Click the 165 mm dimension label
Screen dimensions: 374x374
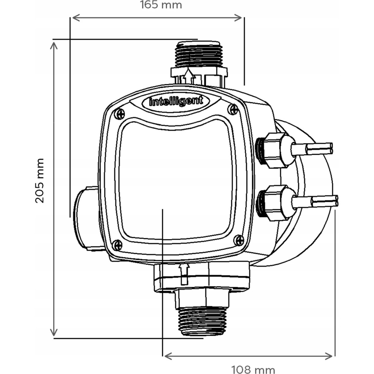(x=161, y=5)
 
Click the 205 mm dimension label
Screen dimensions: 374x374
(x=40, y=181)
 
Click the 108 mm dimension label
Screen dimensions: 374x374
(x=253, y=369)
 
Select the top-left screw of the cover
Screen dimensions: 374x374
(x=119, y=114)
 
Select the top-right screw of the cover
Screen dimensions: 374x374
(x=234, y=109)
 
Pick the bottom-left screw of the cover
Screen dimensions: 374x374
(x=117, y=245)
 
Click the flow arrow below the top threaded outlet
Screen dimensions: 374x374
(x=189, y=77)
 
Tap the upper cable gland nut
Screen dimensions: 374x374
(x=274, y=150)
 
